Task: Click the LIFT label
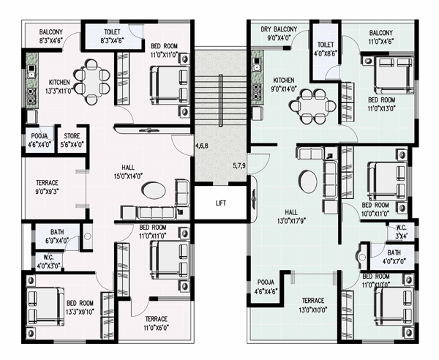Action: tap(221, 203)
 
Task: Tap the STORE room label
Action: tap(72, 136)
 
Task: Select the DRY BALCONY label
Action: tap(279, 29)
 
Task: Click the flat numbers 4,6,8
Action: tap(202, 146)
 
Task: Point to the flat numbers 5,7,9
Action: tap(239, 165)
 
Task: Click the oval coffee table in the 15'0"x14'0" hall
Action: tap(154, 190)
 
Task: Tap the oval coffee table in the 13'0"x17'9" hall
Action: tap(308, 181)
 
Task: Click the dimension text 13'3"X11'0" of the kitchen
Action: tap(59, 91)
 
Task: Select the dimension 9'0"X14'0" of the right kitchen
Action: tap(284, 89)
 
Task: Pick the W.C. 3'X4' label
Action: tap(401, 231)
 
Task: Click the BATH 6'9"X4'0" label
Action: tap(57, 236)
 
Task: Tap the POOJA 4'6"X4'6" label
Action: tap(266, 287)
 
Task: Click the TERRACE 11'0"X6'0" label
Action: tap(157, 323)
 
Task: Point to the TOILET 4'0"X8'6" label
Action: tap(326, 49)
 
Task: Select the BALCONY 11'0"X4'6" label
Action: tap(380, 37)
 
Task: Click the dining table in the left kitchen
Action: tap(91, 82)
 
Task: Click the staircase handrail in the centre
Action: tap(221, 100)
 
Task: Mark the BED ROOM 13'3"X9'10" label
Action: tap(80, 307)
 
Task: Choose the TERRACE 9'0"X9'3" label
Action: tap(47, 187)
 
